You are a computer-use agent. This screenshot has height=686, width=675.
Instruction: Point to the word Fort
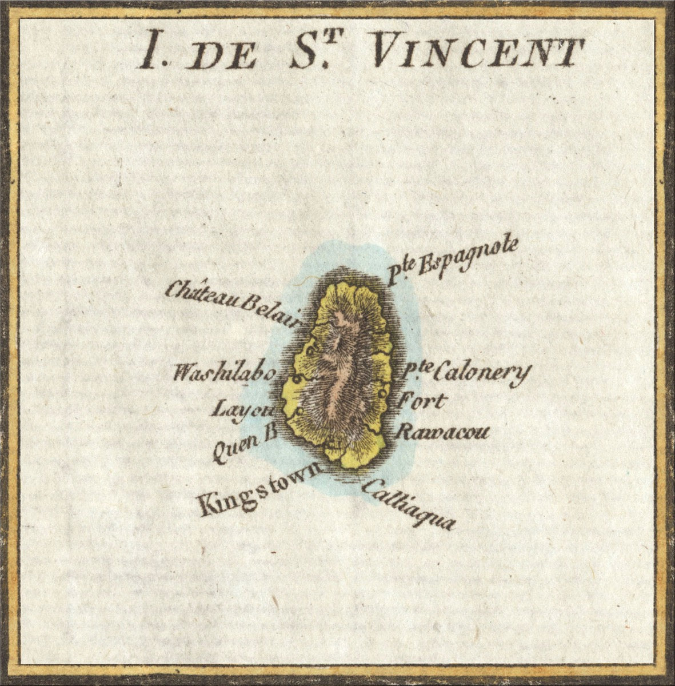[x=420, y=401]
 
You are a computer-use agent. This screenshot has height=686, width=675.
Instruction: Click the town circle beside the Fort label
[x=380, y=394]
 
